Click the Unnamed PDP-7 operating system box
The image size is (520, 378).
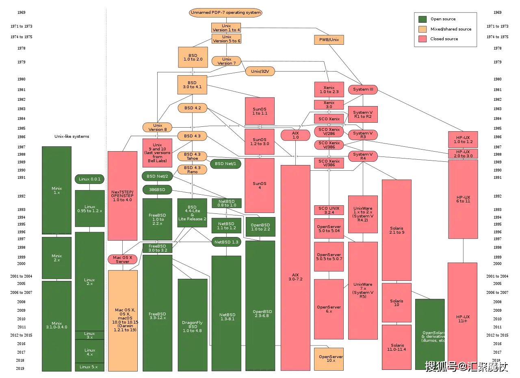225,13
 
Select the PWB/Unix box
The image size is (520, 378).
329,40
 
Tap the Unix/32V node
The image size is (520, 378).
260,71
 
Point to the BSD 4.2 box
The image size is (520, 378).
192,108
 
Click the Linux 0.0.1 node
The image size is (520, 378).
90,179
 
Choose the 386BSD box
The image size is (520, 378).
157,190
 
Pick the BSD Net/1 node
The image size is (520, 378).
225,164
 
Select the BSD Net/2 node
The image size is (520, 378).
157,176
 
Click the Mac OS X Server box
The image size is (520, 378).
122,259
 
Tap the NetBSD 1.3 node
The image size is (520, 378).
226,242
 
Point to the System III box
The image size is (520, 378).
363,89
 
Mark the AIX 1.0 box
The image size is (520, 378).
295,135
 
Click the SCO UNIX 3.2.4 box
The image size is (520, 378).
329,210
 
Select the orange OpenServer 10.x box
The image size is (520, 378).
329,358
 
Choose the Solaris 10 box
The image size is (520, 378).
396,303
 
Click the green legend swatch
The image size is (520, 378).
422,19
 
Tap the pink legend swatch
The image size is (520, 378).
422,39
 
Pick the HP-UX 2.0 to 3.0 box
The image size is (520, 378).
463,154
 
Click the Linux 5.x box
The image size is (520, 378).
89,367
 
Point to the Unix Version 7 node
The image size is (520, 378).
226,61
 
